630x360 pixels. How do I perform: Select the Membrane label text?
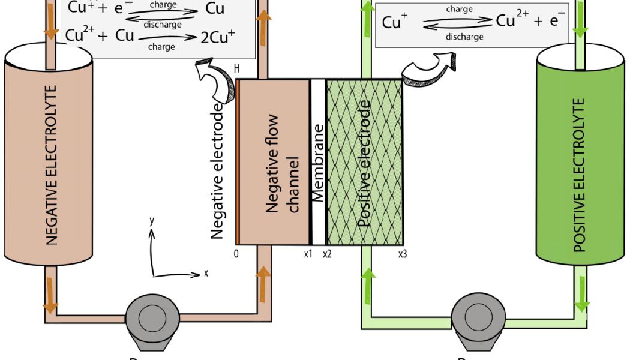point(318,163)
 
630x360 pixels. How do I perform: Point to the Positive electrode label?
point(364,163)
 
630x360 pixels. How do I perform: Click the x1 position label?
point(308,254)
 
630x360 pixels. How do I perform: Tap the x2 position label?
point(327,254)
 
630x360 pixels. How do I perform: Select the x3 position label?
point(403,254)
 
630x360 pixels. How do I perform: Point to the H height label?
point(236,70)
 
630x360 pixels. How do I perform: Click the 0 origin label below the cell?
point(236,254)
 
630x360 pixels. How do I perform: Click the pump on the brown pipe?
point(148,319)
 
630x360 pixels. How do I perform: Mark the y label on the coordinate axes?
point(152,221)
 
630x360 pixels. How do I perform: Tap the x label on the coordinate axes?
point(206,273)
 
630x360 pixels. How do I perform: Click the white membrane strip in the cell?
point(318,204)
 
